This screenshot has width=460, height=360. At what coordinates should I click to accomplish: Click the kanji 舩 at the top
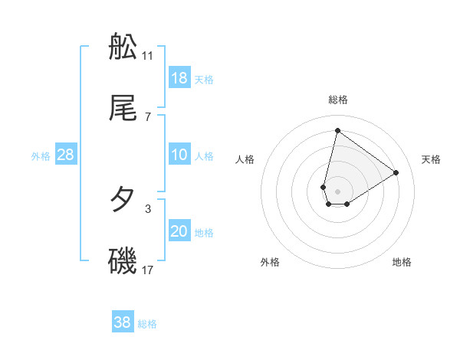point(123,48)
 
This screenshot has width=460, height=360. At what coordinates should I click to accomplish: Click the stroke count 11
point(148,55)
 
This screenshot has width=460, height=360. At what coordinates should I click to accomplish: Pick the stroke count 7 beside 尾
point(148,116)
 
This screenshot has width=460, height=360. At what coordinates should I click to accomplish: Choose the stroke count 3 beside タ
point(148,208)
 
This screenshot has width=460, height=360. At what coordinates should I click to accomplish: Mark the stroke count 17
point(148,270)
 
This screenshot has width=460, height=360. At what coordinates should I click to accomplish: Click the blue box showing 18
point(179,78)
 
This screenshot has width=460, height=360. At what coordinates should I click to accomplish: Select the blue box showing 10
point(179,155)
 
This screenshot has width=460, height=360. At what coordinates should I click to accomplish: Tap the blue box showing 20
point(179,231)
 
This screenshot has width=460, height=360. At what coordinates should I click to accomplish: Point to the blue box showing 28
point(66,155)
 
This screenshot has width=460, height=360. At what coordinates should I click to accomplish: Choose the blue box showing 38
point(123,322)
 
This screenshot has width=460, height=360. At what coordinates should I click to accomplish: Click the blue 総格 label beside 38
point(147,324)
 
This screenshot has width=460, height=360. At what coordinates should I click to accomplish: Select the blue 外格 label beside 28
point(41,156)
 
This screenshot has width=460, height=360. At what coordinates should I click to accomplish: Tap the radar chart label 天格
point(432,159)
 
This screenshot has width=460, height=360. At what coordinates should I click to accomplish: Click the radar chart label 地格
point(402,262)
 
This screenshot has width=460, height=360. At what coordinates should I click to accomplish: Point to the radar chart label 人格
point(245,159)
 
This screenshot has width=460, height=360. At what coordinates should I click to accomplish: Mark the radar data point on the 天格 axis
point(396,172)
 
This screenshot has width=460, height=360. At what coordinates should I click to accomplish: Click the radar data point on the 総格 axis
point(337,130)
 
